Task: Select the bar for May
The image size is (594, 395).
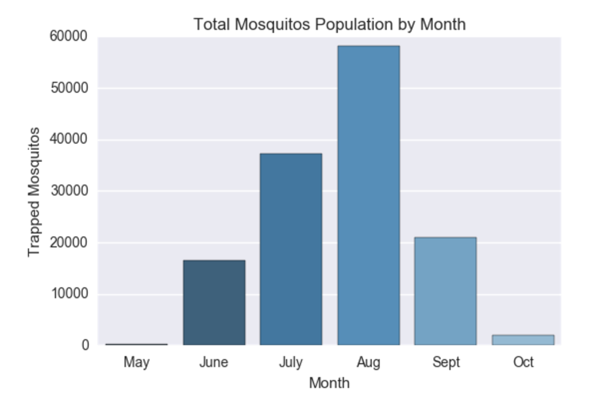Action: (x=137, y=344)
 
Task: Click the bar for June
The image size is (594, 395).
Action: (x=214, y=302)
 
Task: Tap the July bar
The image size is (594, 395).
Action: (x=291, y=249)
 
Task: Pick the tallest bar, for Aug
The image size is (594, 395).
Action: (x=368, y=195)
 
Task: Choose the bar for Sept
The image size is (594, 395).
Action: (x=445, y=291)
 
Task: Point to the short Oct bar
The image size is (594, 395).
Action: (x=523, y=340)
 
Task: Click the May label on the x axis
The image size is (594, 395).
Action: (x=137, y=362)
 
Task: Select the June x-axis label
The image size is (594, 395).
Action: (x=214, y=362)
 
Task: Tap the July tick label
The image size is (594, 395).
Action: (x=291, y=362)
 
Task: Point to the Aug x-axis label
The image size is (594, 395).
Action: (x=368, y=362)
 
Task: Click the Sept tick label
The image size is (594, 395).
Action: (x=445, y=362)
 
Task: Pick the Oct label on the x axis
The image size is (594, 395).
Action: (x=523, y=362)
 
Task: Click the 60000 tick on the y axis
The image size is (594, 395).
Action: (x=69, y=36)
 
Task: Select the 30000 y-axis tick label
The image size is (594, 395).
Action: (x=69, y=191)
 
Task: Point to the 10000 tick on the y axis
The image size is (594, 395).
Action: (x=69, y=294)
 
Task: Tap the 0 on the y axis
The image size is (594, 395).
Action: (x=85, y=345)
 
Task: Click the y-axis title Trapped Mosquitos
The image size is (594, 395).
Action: (x=34, y=192)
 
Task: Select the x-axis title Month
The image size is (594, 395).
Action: (x=329, y=383)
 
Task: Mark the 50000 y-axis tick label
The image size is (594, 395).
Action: (x=69, y=88)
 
